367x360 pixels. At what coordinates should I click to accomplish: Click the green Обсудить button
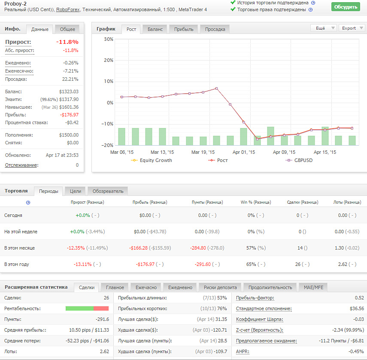tap(346, 7)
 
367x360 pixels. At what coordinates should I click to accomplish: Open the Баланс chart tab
tap(155, 29)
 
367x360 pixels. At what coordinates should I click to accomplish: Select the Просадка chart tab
tap(215, 29)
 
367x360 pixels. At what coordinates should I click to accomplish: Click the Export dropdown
tap(352, 28)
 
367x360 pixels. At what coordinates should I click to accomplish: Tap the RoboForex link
tap(68, 9)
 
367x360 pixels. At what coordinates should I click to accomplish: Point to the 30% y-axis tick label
tap(109, 39)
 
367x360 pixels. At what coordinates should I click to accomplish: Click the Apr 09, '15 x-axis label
tap(284, 152)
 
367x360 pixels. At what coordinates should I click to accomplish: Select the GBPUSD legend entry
tap(299, 160)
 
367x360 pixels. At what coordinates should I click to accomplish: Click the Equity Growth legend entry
tap(152, 160)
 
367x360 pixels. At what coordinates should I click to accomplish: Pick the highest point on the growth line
tap(216, 88)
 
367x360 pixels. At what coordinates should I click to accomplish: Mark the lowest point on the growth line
tap(257, 139)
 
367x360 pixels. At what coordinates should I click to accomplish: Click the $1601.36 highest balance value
tap(69, 107)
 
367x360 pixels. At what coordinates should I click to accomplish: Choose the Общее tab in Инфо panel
tap(67, 29)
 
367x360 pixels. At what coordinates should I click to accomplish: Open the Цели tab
tap(76, 191)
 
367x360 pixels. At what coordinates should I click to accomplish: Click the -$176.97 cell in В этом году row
tap(145, 264)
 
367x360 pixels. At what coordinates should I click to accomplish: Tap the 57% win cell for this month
tap(251, 248)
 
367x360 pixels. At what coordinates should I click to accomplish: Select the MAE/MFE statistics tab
tap(313, 287)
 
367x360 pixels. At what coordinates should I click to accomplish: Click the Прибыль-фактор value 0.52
tap(360, 298)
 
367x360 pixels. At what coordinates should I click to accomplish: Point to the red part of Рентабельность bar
tap(101, 308)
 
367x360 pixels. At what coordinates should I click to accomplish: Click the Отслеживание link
tap(21, 165)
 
